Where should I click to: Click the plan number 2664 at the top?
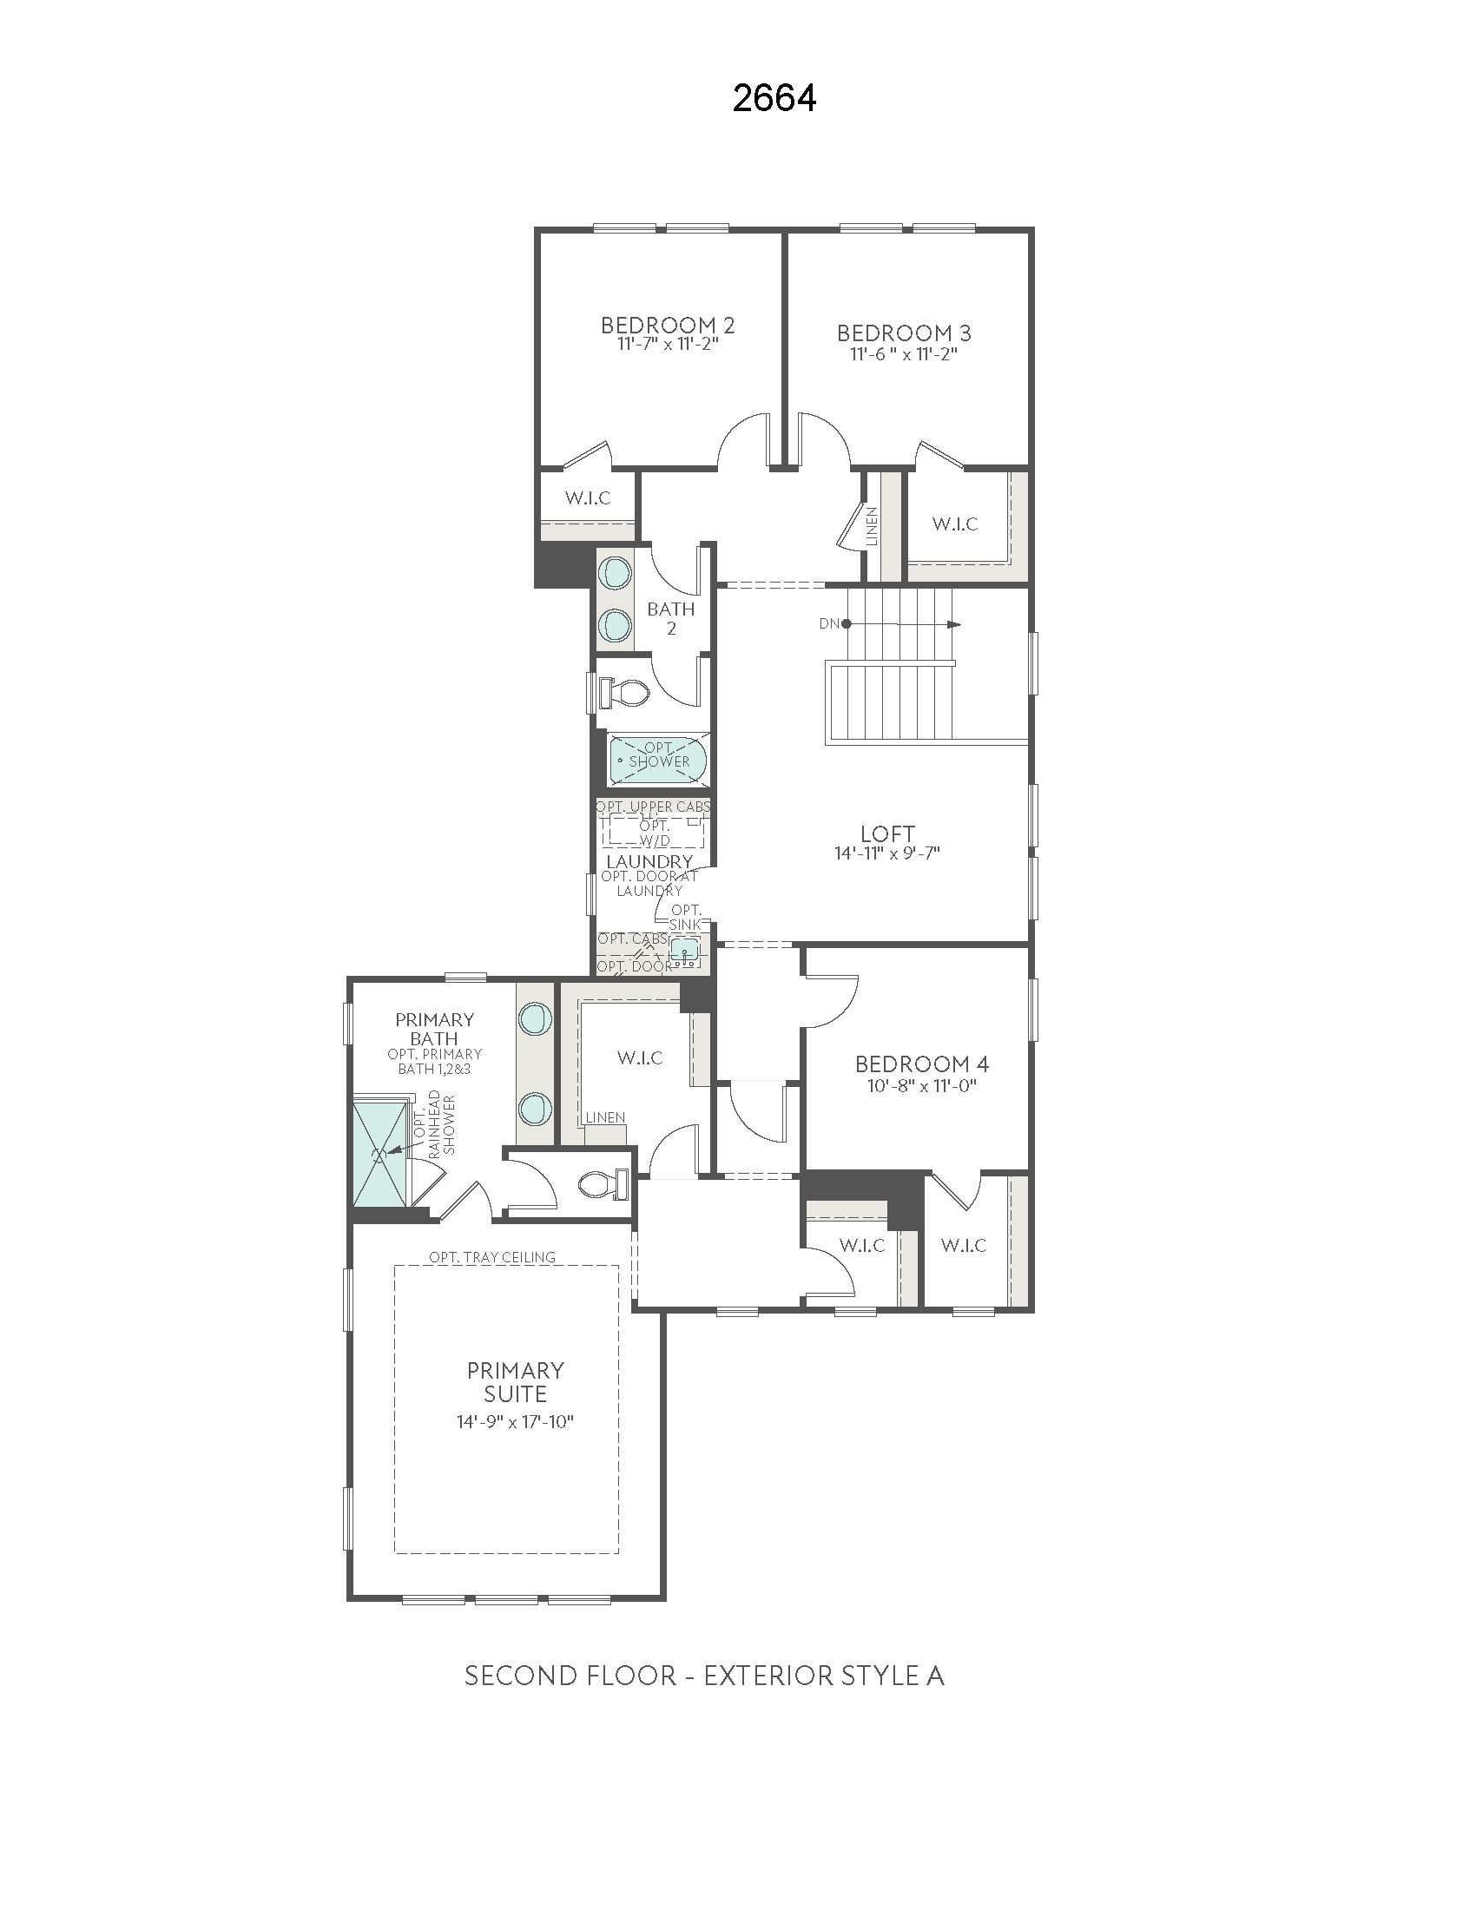774,99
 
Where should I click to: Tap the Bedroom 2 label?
668,326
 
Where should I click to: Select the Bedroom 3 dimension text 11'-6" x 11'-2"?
903,354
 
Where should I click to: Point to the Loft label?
887,833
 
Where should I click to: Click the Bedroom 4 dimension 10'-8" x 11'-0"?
921,1085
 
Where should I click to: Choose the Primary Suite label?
515,1382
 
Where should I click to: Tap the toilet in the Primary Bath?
604,1185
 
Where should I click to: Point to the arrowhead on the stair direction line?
955,624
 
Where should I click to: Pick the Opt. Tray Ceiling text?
491,1257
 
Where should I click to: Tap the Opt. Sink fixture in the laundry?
684,950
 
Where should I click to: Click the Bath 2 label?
670,618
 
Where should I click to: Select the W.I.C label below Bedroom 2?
588,498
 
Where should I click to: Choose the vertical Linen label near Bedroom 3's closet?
872,525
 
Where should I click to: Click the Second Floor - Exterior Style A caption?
704,1676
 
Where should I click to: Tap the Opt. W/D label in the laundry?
655,833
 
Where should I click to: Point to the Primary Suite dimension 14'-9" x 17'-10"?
514,1422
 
